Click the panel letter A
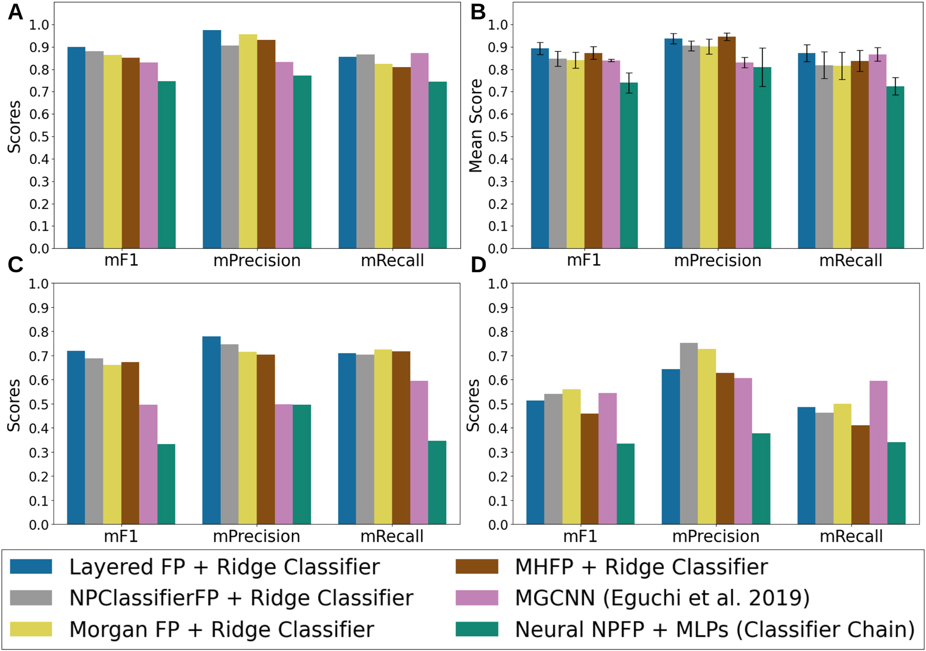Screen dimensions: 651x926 pyautogui.click(x=15, y=12)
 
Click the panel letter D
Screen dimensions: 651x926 pyautogui.click(x=477, y=265)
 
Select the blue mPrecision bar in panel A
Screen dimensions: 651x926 pyautogui.click(x=212, y=140)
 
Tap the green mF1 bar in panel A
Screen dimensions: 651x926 pyautogui.click(x=167, y=166)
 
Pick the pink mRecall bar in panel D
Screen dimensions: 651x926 pyautogui.click(x=878, y=453)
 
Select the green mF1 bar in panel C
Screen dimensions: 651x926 pyautogui.click(x=166, y=484)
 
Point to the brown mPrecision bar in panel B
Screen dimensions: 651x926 pyautogui.click(x=727, y=143)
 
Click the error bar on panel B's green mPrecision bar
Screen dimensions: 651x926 pyautogui.click(x=762, y=67)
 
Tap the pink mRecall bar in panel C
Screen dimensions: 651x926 pyautogui.click(x=419, y=453)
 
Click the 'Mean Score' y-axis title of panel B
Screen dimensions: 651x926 pyautogui.click(x=475, y=126)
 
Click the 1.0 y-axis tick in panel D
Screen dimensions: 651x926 pyautogui.click(x=498, y=284)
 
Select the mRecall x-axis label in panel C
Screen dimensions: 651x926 pyautogui.click(x=392, y=536)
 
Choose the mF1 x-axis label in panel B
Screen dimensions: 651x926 pyautogui.click(x=584, y=260)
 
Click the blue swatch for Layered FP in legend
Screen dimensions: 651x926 pyautogui.click(x=31, y=566)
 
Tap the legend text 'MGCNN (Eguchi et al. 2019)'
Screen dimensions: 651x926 pyautogui.click(x=662, y=598)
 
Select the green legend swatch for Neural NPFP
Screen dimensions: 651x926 pyautogui.click(x=477, y=629)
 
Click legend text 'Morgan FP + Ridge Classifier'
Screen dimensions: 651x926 pyautogui.click(x=222, y=629)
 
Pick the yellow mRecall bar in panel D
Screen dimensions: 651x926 pyautogui.click(x=842, y=464)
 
